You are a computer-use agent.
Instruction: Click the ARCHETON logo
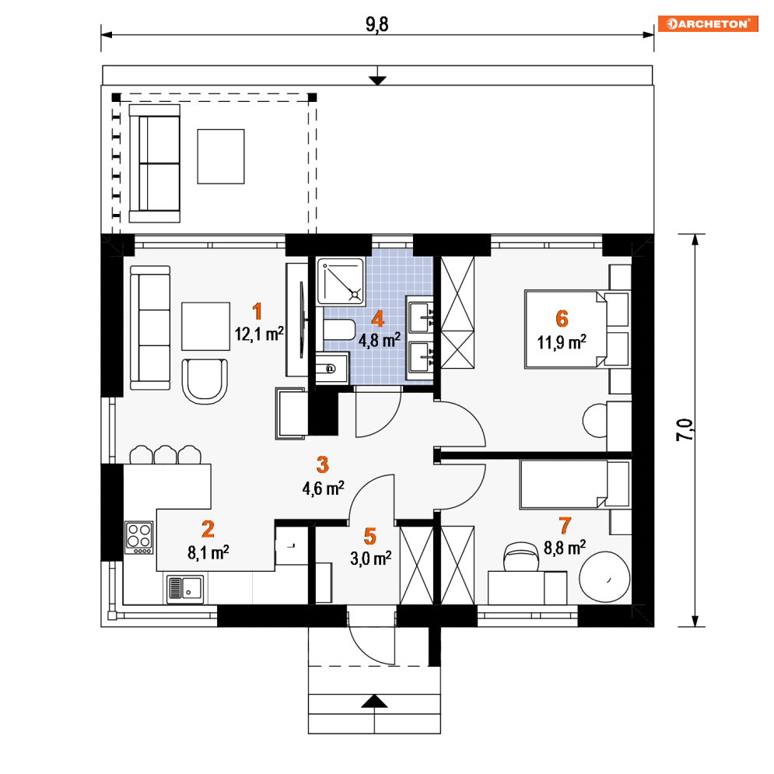pyautogui.click(x=708, y=23)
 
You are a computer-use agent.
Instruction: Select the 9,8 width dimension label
pyautogui.click(x=377, y=24)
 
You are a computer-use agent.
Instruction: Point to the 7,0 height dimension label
pyautogui.click(x=685, y=429)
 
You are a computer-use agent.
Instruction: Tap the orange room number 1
pyautogui.click(x=257, y=311)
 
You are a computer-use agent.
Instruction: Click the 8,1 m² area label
pyautogui.click(x=208, y=552)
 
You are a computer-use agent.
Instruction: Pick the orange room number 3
pyautogui.click(x=322, y=464)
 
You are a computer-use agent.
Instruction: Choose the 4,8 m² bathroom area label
pyautogui.click(x=379, y=340)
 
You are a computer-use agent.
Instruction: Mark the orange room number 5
pyautogui.click(x=370, y=537)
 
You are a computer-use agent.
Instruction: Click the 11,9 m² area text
pyautogui.click(x=562, y=342)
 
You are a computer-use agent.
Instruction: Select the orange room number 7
pyautogui.click(x=565, y=526)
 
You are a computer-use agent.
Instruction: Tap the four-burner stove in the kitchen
pyautogui.click(x=138, y=538)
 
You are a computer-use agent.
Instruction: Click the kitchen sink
pyautogui.click(x=185, y=589)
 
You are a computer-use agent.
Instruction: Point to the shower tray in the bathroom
pyautogui.click(x=341, y=281)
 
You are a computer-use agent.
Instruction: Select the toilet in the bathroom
pyautogui.click(x=340, y=330)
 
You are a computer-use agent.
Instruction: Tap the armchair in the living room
pyautogui.click(x=205, y=381)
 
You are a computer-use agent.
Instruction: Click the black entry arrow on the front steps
pyautogui.click(x=374, y=701)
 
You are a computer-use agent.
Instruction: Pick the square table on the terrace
pyautogui.click(x=221, y=156)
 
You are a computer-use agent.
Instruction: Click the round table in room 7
pyautogui.click(x=604, y=576)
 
